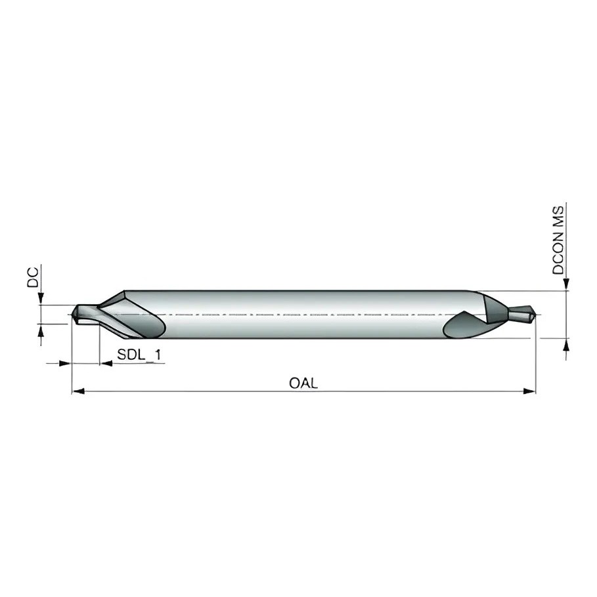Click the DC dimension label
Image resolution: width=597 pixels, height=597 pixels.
tap(33, 277)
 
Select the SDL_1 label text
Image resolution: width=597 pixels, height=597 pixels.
tap(139, 355)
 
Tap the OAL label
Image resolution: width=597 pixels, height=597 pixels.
tap(303, 383)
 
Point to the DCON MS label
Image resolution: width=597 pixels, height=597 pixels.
tap(558, 240)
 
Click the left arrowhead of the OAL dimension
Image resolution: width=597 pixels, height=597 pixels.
tap(78, 391)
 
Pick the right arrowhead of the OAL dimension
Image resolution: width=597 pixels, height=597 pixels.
tap(529, 391)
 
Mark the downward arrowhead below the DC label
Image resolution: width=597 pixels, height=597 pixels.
tap(41, 298)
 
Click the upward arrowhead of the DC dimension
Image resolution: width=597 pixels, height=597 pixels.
tap(41, 330)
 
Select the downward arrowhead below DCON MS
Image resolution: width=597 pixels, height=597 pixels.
tap(566, 285)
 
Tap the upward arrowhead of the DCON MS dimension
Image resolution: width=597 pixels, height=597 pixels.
tap(566, 345)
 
